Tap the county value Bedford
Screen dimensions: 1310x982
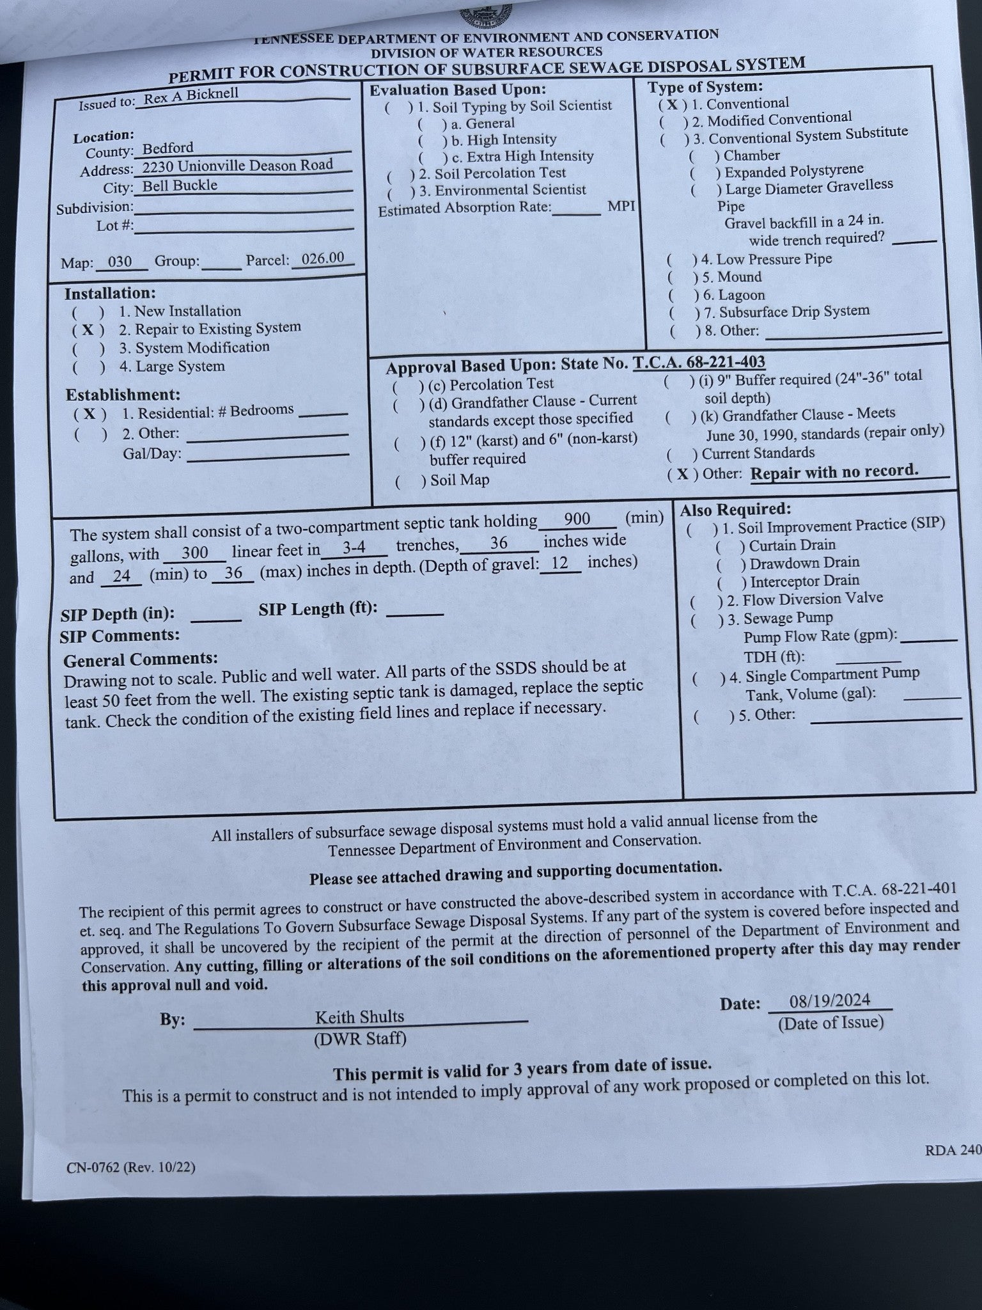[x=168, y=148]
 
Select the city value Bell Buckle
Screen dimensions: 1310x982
[x=180, y=185]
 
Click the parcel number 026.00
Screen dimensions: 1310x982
[x=323, y=258]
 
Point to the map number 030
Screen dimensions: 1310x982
[x=120, y=262]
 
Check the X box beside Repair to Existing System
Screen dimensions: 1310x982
[x=88, y=330]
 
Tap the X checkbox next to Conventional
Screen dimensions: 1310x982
[x=673, y=105]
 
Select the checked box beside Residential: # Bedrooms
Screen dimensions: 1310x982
[x=90, y=414]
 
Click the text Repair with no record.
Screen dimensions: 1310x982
[x=834, y=472]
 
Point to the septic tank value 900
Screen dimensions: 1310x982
[x=577, y=518]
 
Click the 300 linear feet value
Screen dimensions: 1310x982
[x=194, y=553]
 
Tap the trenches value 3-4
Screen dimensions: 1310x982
[x=354, y=548]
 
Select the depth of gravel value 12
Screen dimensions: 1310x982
[x=559, y=563]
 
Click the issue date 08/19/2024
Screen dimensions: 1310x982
[x=829, y=1000]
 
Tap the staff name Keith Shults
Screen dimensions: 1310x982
[x=359, y=1016]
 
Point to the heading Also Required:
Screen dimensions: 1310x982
[x=735, y=510]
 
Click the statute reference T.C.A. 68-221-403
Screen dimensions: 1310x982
[x=699, y=363]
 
